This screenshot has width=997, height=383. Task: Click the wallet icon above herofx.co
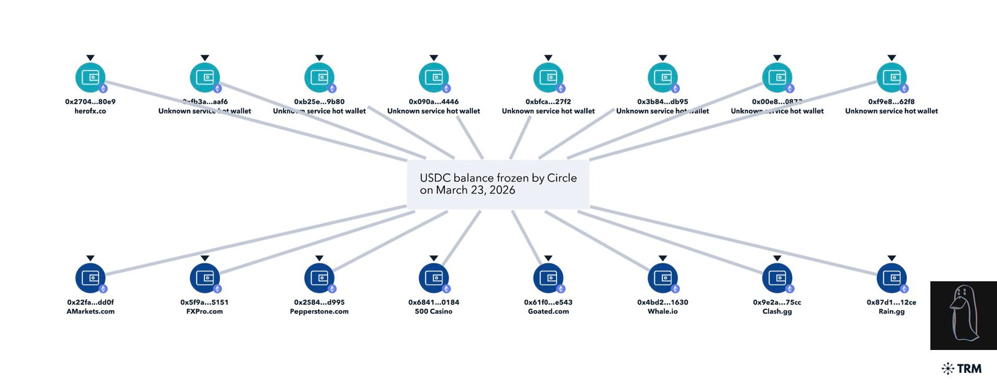click(90, 78)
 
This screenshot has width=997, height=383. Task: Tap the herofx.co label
click(90, 111)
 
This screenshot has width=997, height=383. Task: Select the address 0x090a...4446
click(434, 101)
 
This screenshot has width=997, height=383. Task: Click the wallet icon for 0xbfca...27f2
click(548, 78)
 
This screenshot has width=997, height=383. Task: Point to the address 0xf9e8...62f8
click(891, 101)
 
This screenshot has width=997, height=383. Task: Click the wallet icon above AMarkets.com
click(90, 278)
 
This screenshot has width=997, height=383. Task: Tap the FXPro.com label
click(204, 311)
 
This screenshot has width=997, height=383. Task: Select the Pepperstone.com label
click(319, 311)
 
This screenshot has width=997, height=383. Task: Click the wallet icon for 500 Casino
click(434, 278)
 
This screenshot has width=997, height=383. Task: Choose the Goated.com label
click(548, 311)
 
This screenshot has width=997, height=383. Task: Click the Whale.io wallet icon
click(662, 278)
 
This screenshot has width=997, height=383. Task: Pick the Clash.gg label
click(777, 311)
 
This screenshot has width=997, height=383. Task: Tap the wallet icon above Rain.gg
click(891, 278)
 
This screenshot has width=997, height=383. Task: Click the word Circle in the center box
click(561, 178)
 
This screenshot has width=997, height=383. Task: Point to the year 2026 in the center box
click(502, 190)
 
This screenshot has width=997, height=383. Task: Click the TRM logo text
click(969, 369)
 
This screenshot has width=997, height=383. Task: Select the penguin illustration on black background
click(963, 315)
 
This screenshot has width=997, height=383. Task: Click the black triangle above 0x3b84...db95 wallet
click(662, 58)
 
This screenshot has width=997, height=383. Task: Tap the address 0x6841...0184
click(434, 302)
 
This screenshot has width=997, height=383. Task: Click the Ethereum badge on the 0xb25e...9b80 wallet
click(332, 89)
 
